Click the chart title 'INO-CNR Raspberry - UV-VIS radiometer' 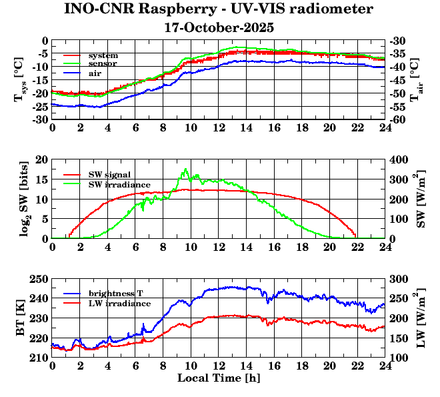[x=219, y=9]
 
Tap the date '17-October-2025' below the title [x=219, y=28]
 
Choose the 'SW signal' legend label [x=111, y=174]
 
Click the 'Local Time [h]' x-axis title [x=219, y=378]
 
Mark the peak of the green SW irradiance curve [x=185, y=169]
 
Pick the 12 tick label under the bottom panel [x=219, y=366]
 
